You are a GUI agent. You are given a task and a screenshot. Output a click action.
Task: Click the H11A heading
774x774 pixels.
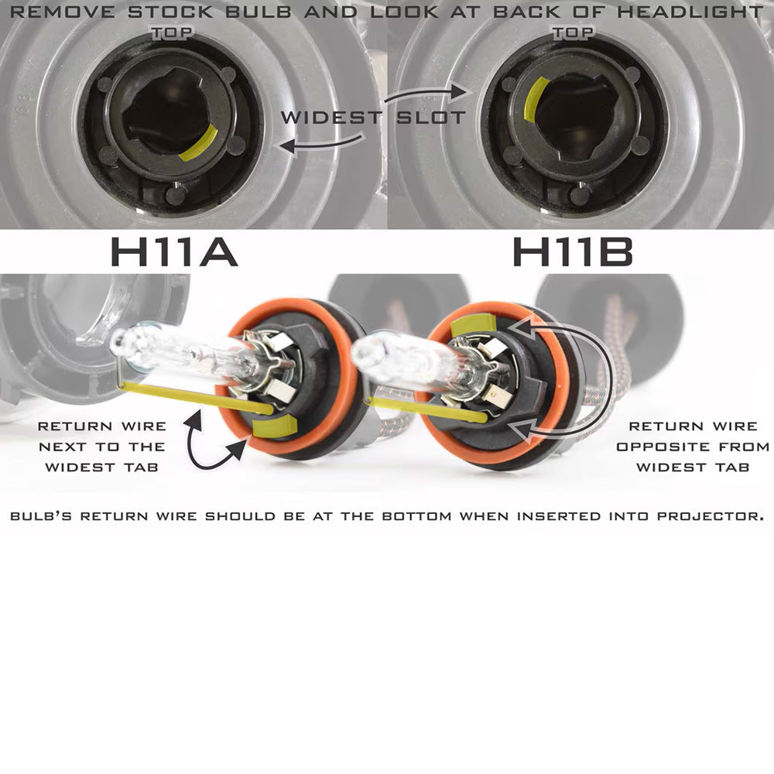click(173, 252)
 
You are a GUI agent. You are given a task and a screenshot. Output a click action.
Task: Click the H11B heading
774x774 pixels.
click(573, 252)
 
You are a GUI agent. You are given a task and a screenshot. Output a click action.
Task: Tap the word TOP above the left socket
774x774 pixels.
click(172, 33)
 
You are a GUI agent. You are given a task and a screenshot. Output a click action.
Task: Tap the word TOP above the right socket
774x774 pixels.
click(573, 33)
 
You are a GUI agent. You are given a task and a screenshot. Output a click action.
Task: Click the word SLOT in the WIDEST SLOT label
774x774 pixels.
click(431, 118)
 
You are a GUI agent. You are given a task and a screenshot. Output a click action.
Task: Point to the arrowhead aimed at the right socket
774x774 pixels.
click(458, 91)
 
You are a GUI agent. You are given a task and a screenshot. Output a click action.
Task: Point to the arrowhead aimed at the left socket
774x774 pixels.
click(287, 146)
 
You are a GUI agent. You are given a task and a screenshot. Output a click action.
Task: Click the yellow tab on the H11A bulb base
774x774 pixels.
click(274, 426)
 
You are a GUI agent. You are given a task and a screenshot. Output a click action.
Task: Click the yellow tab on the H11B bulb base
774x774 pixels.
click(474, 324)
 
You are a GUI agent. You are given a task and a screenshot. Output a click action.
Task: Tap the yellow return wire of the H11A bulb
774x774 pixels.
click(197, 398)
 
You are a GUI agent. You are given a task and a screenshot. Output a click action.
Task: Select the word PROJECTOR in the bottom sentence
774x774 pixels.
click(711, 516)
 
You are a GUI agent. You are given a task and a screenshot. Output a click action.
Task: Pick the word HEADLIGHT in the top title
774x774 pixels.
click(690, 12)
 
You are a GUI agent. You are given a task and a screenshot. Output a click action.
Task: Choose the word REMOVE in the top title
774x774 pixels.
click(62, 12)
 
